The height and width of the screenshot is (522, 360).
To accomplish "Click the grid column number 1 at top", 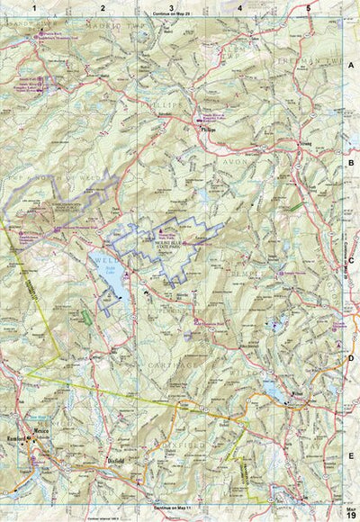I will point(35,8).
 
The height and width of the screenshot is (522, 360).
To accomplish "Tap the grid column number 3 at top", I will point(171,8).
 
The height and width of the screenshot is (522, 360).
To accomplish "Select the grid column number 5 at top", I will point(309,8).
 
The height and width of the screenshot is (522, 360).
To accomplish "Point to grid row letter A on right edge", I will point(352,66).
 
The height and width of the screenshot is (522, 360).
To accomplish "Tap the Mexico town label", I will point(39,432).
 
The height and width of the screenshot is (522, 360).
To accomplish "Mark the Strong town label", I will point(307,142).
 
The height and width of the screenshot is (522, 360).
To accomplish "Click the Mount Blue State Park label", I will point(172,244).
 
